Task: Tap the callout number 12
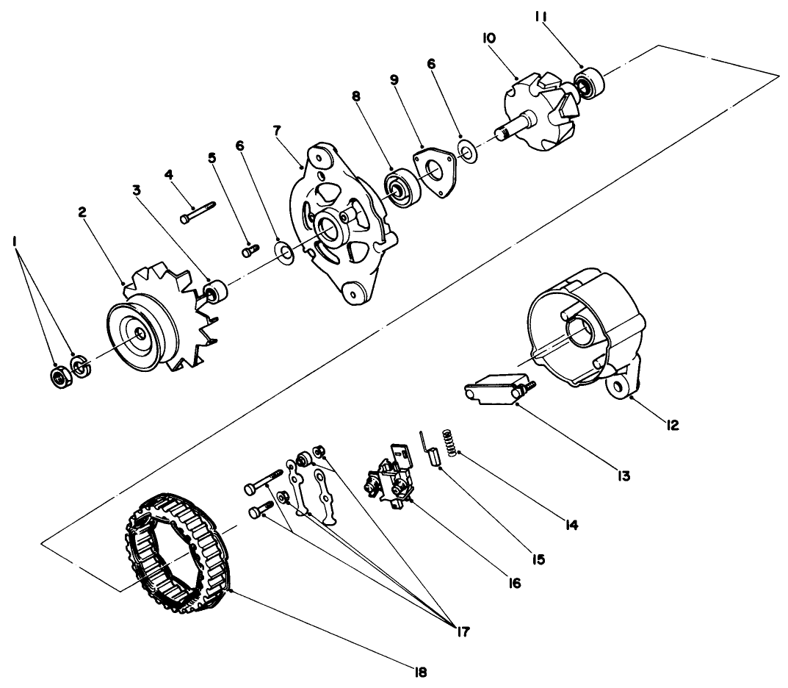pos(673,424)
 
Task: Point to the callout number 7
pos(276,131)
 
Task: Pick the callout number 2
pos(82,212)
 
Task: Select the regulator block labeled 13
pos(494,387)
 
